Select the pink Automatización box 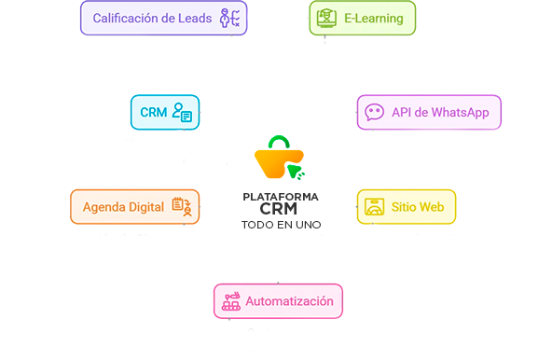click(275, 301)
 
